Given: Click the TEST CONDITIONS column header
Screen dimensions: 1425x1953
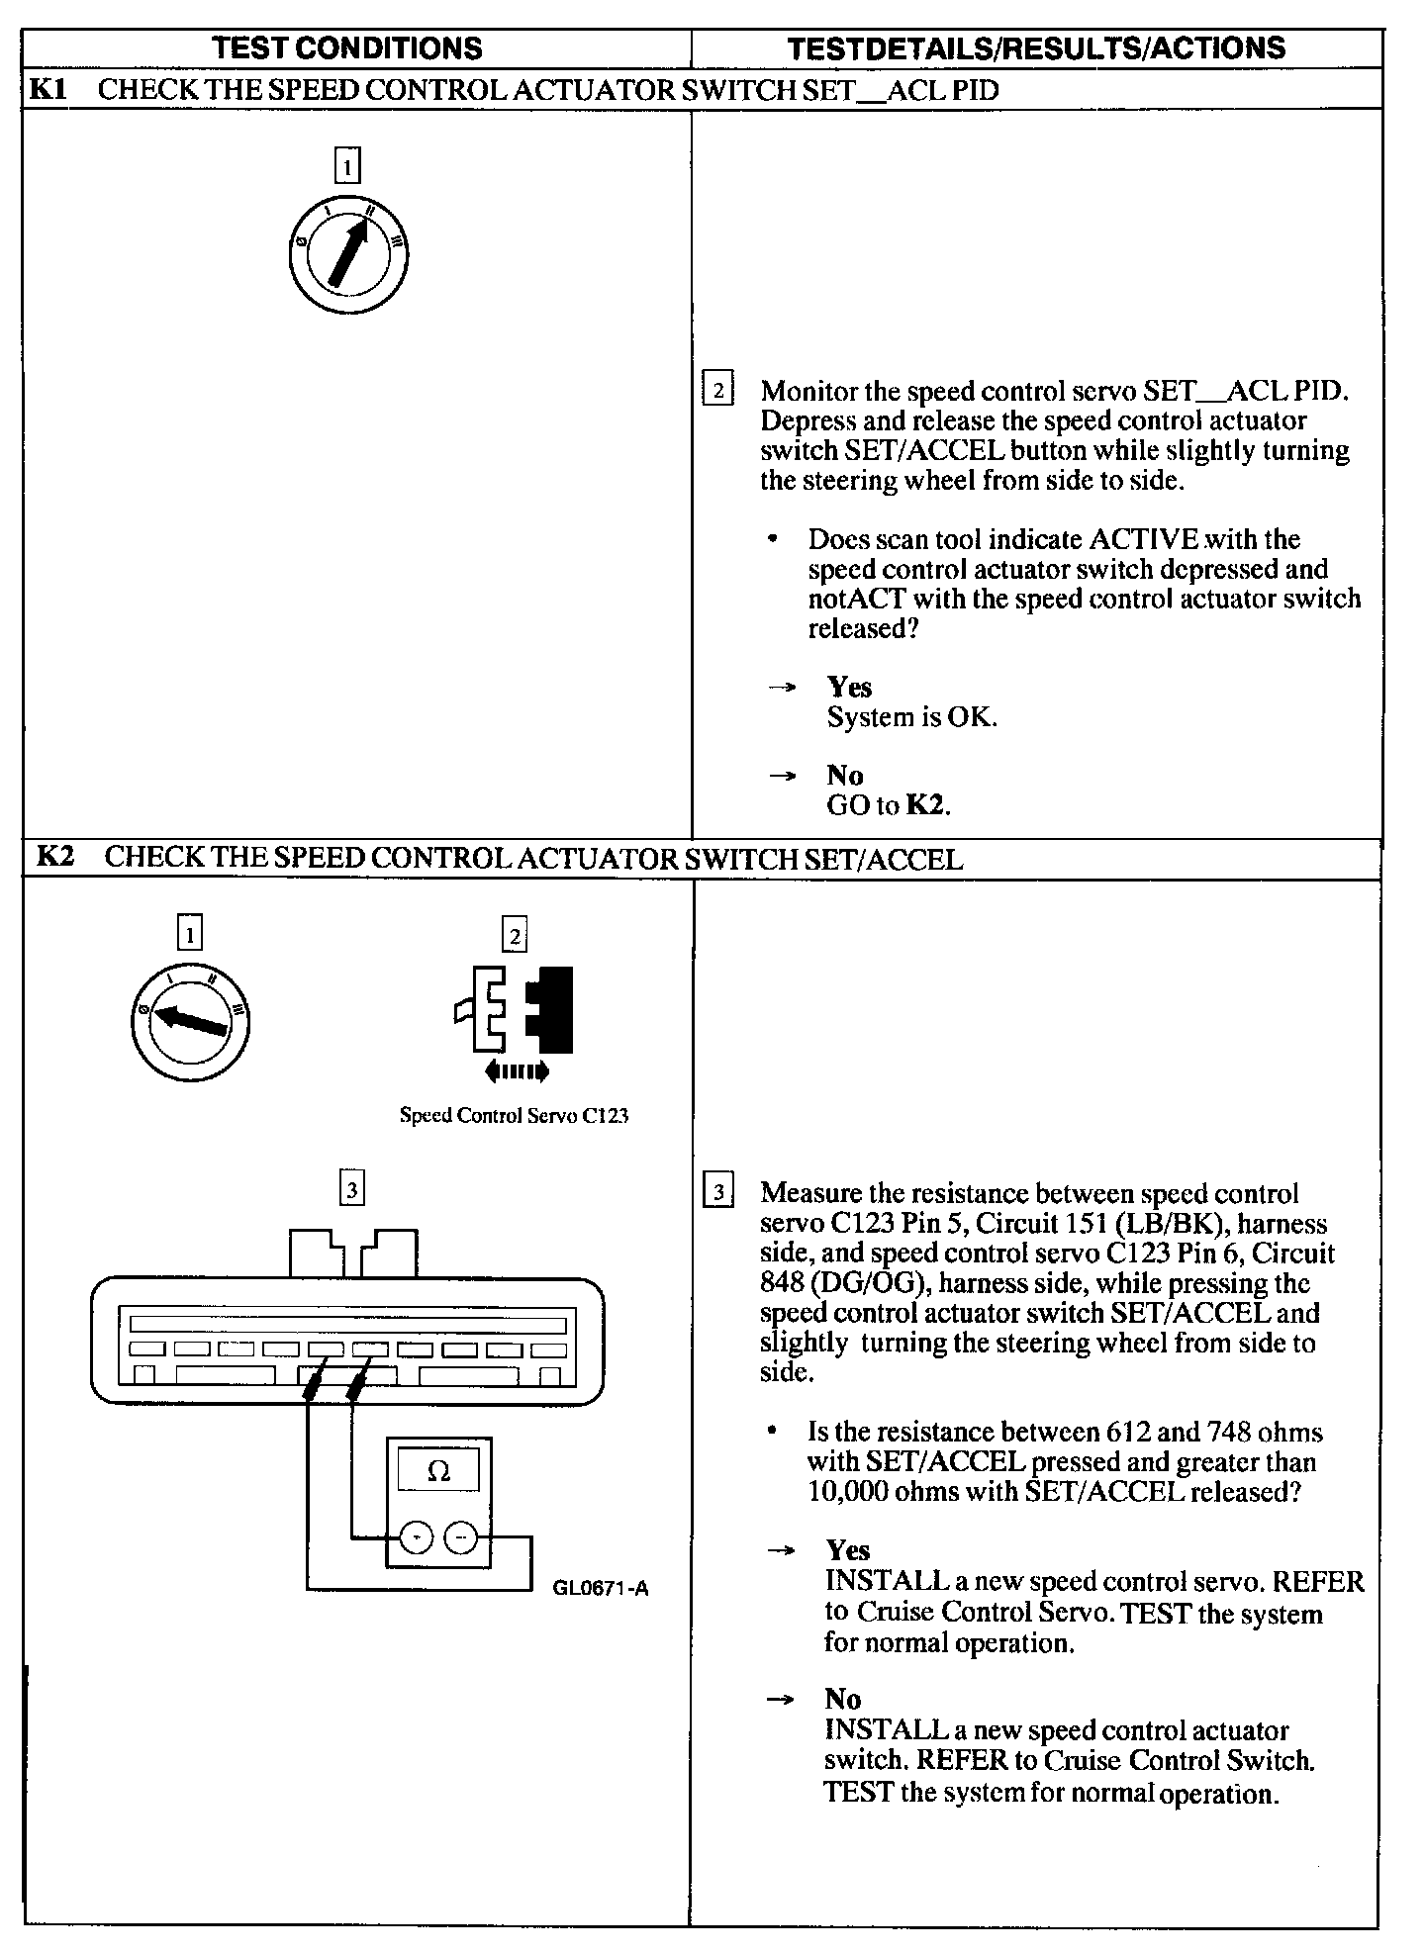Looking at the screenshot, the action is pos(347,47).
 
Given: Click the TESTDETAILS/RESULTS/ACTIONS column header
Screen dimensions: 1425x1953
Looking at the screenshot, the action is pos(1036,47).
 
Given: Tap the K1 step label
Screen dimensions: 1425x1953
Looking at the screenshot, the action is pos(47,89).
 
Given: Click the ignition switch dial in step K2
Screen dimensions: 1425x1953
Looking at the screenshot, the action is pos(190,1020).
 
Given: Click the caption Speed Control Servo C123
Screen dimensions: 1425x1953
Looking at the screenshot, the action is pos(514,1116).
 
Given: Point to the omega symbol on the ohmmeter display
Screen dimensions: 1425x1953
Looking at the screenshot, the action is pos(437,1471).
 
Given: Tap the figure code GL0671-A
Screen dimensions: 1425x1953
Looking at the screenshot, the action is pos(601,1590).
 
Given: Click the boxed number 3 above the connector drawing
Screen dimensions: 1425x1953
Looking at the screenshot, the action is pos(351,1186).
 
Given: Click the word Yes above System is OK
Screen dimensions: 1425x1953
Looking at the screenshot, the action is pos(849,687).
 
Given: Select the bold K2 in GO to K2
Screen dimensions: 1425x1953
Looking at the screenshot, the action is pos(926,805).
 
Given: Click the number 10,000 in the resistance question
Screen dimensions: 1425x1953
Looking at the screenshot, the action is pos(847,1492).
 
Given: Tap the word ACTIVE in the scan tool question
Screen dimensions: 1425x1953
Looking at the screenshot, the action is pos(1144,539).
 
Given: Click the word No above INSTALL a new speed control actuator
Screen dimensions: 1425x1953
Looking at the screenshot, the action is pos(843,1699).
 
